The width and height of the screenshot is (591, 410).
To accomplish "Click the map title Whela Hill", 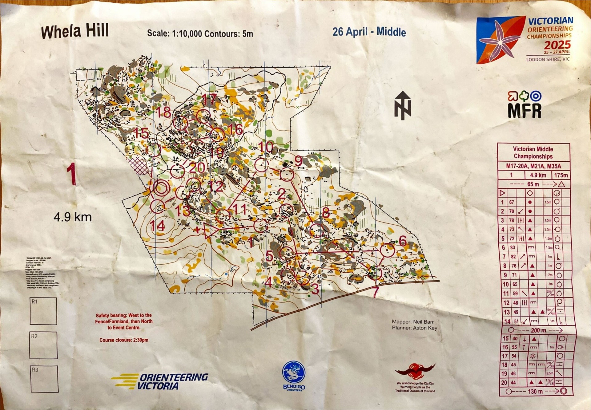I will coord(75,31).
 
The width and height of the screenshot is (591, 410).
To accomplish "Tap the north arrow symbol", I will coord(403,105).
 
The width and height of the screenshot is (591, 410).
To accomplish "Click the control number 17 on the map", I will coord(209,99).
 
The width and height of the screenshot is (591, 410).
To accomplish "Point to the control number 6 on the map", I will coord(402,241).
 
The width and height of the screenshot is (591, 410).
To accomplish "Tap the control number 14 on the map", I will coord(157,226).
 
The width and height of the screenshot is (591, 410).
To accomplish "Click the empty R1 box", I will coord(43,311).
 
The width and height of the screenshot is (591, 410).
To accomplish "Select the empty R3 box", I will coord(44,379).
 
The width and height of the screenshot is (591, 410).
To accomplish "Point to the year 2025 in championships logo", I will coord(557,45).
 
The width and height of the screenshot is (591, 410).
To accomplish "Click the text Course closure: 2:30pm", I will coord(124,340).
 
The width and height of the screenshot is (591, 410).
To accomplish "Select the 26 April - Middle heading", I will coord(369,32).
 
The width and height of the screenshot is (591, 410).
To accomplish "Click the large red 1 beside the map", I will coord(71,174).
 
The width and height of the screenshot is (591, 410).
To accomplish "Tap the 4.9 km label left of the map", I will coord(73,217).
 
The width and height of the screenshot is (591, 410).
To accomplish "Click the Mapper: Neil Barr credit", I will coord(413,322).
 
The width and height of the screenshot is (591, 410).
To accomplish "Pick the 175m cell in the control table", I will coord(561,175).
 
